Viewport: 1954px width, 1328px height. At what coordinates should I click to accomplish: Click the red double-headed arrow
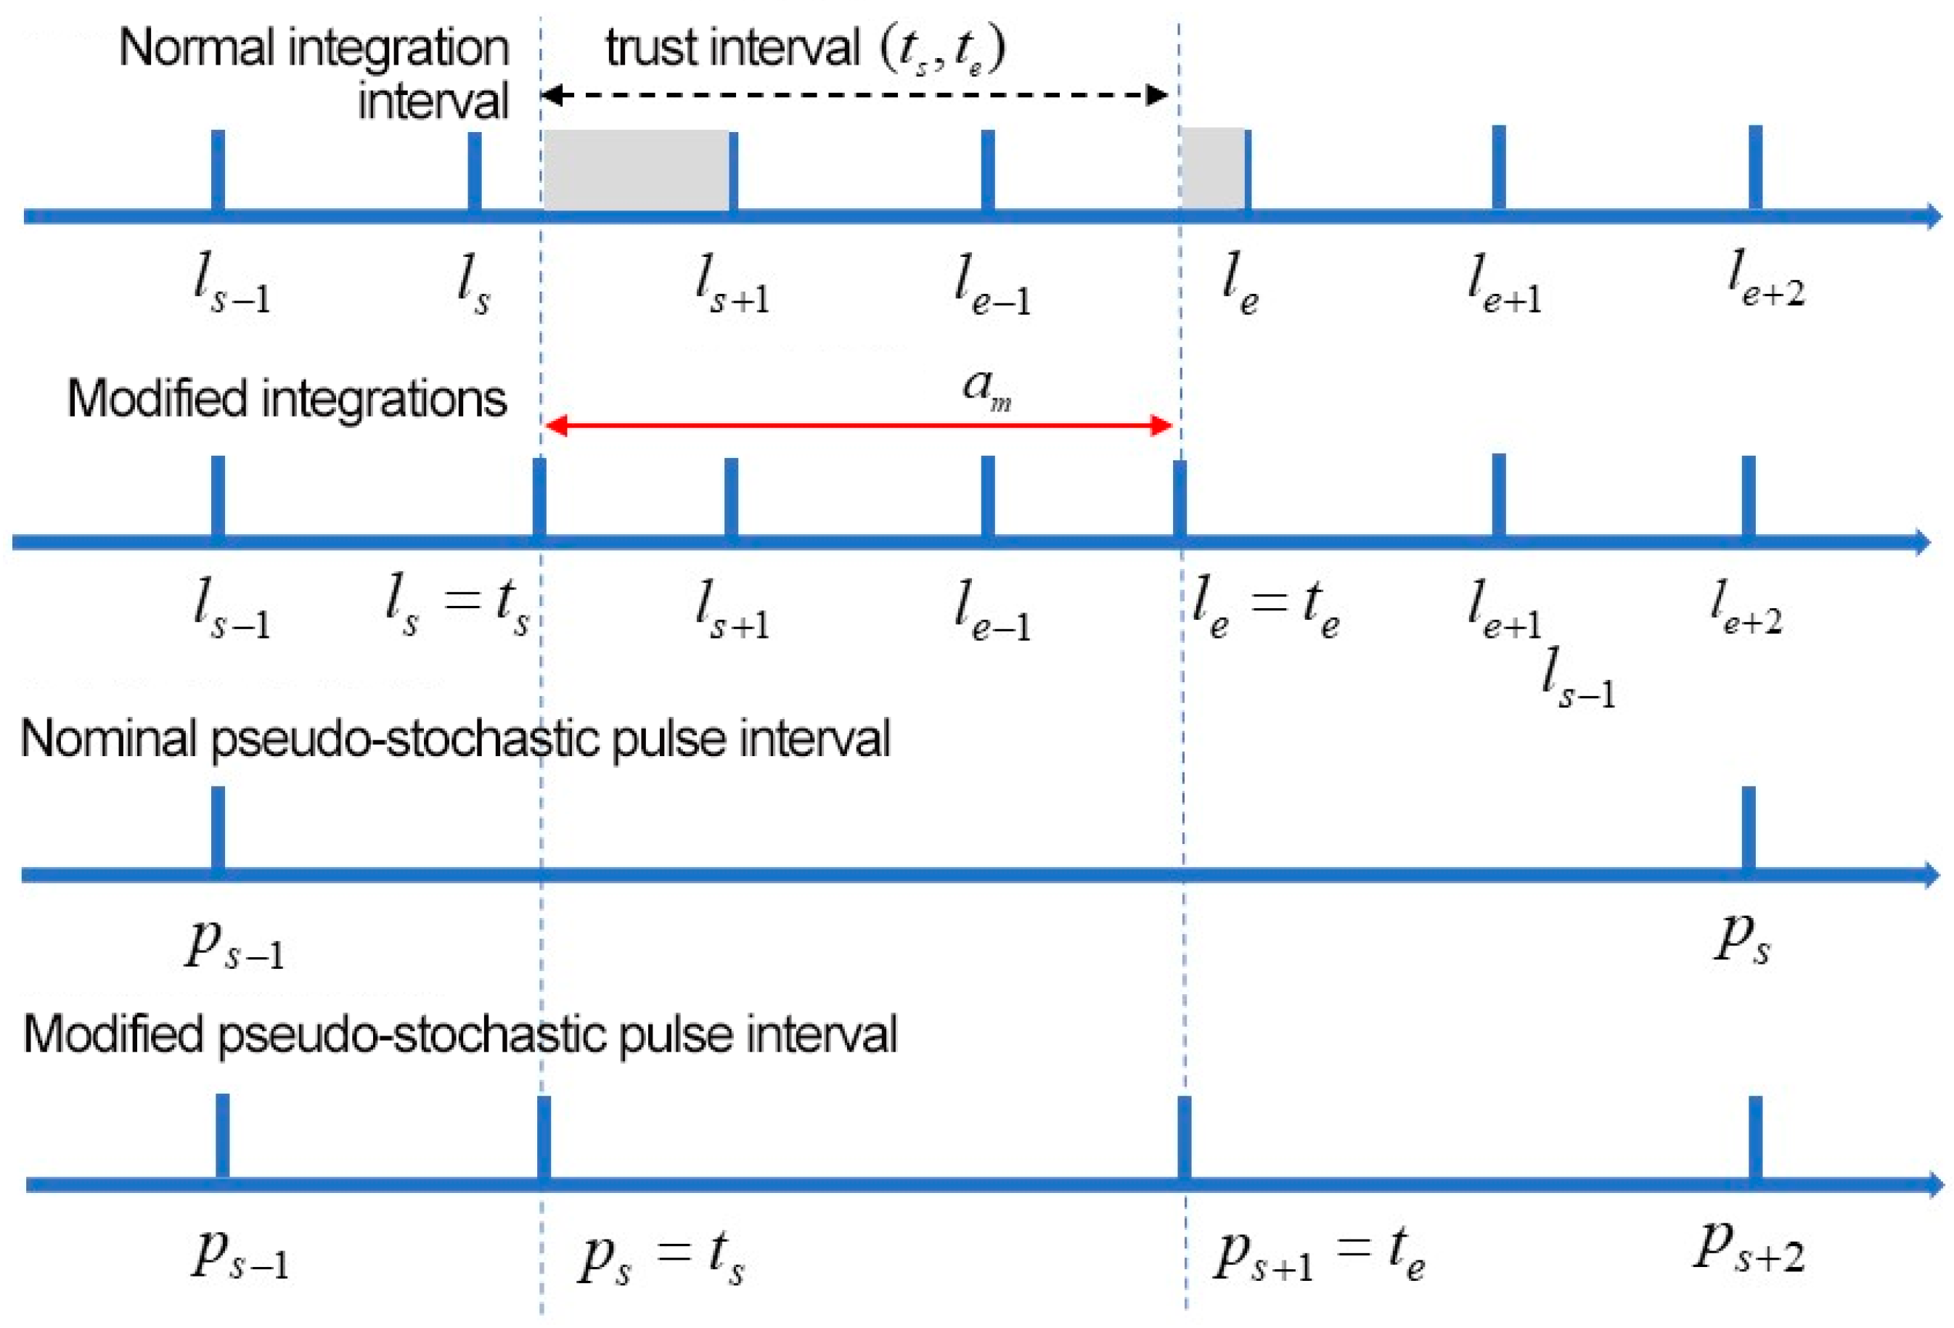click(858, 425)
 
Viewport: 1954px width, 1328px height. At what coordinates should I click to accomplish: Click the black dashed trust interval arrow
click(854, 94)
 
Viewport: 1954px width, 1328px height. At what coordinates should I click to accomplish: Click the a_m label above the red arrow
click(986, 389)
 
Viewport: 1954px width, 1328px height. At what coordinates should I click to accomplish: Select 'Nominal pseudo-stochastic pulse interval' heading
click(455, 739)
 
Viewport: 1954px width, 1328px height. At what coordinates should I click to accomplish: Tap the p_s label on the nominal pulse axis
click(1743, 939)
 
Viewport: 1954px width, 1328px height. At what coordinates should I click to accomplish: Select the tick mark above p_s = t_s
click(544, 1137)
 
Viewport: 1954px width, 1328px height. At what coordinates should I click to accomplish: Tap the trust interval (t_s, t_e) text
click(806, 48)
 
